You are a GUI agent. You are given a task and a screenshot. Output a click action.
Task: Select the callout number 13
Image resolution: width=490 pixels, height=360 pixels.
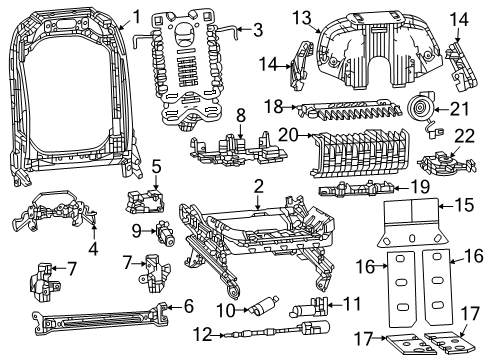(x=303, y=17)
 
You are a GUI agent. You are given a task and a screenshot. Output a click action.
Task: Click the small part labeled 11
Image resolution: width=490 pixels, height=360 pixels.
(x=318, y=305)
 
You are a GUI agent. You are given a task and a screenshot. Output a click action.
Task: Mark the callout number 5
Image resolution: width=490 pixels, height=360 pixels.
(x=156, y=172)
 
